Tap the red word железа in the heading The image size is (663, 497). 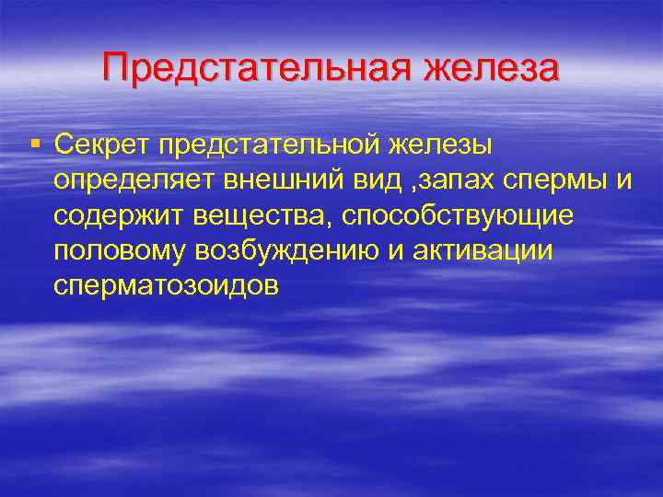click(x=491, y=70)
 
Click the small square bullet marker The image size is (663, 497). click(x=35, y=143)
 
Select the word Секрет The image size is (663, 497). click(x=101, y=144)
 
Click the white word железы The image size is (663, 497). click(x=440, y=144)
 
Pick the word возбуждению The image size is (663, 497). click(x=282, y=251)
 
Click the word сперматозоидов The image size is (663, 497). click(x=166, y=286)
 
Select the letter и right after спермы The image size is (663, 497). click(x=623, y=181)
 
